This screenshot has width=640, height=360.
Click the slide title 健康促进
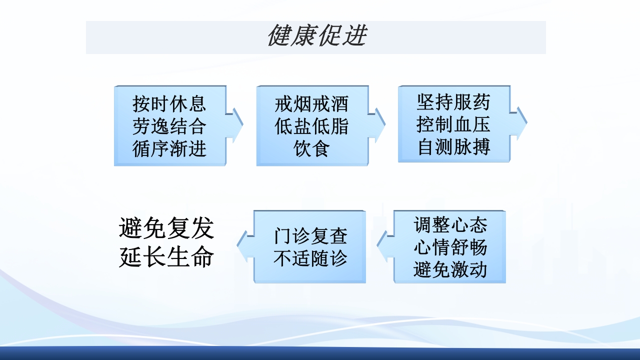317,36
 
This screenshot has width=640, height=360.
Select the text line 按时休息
169,103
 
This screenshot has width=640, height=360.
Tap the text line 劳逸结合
169,126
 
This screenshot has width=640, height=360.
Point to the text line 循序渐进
169,148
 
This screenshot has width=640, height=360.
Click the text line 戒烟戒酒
311,104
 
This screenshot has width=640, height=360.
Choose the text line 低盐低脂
311,126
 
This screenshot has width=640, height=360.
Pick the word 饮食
311,148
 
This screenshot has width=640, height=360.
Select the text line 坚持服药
453,102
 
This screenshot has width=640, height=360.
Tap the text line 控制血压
453,124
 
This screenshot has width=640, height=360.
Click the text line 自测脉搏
453,147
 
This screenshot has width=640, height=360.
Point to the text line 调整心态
450,225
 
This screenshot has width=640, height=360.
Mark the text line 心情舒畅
450,247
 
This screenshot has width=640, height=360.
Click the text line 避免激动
450,270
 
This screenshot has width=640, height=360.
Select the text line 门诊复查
310,236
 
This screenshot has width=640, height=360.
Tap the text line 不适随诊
310,258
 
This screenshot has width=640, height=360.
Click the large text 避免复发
166,228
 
